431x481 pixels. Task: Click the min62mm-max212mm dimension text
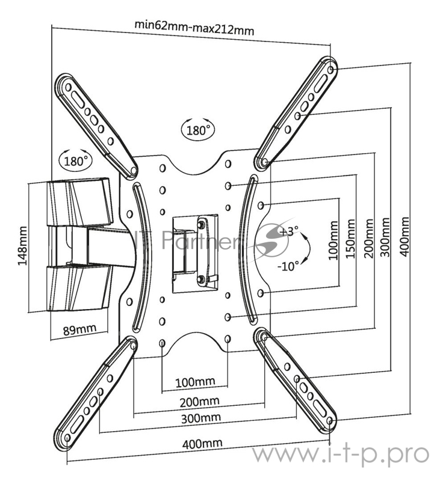click(194, 28)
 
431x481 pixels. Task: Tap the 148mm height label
click(22, 246)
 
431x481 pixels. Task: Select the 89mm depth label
click(79, 329)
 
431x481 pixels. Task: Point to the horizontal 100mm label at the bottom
click(195, 382)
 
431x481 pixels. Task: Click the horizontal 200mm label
click(200, 402)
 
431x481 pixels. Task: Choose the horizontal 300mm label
click(201, 418)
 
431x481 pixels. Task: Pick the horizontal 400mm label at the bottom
click(202, 444)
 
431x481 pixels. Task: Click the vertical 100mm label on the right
click(333, 240)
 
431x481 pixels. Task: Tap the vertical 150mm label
click(350, 239)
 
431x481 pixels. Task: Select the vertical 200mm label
click(368, 238)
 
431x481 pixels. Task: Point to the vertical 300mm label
click(385, 237)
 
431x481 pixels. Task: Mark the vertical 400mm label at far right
click(405, 236)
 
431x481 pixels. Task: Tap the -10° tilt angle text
click(288, 266)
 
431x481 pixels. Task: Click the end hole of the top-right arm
click(330, 70)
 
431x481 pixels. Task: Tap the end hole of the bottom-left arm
click(67, 438)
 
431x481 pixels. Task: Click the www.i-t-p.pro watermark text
click(341, 455)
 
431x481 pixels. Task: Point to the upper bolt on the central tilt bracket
click(201, 224)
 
